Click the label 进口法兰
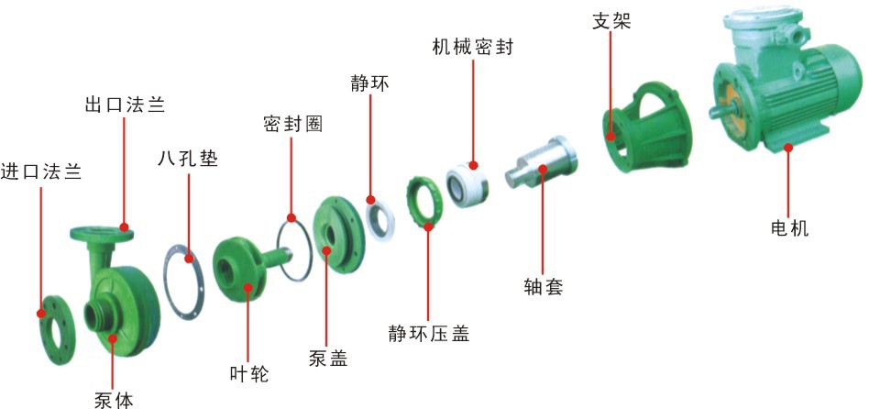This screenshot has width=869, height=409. click(x=41, y=171)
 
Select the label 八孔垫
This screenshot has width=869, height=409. click(x=188, y=157)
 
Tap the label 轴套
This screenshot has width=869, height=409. click(x=543, y=287)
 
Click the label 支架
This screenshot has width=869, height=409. click(x=612, y=20)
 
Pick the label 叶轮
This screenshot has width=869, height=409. click(x=248, y=373)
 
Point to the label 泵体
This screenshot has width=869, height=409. click(x=113, y=400)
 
